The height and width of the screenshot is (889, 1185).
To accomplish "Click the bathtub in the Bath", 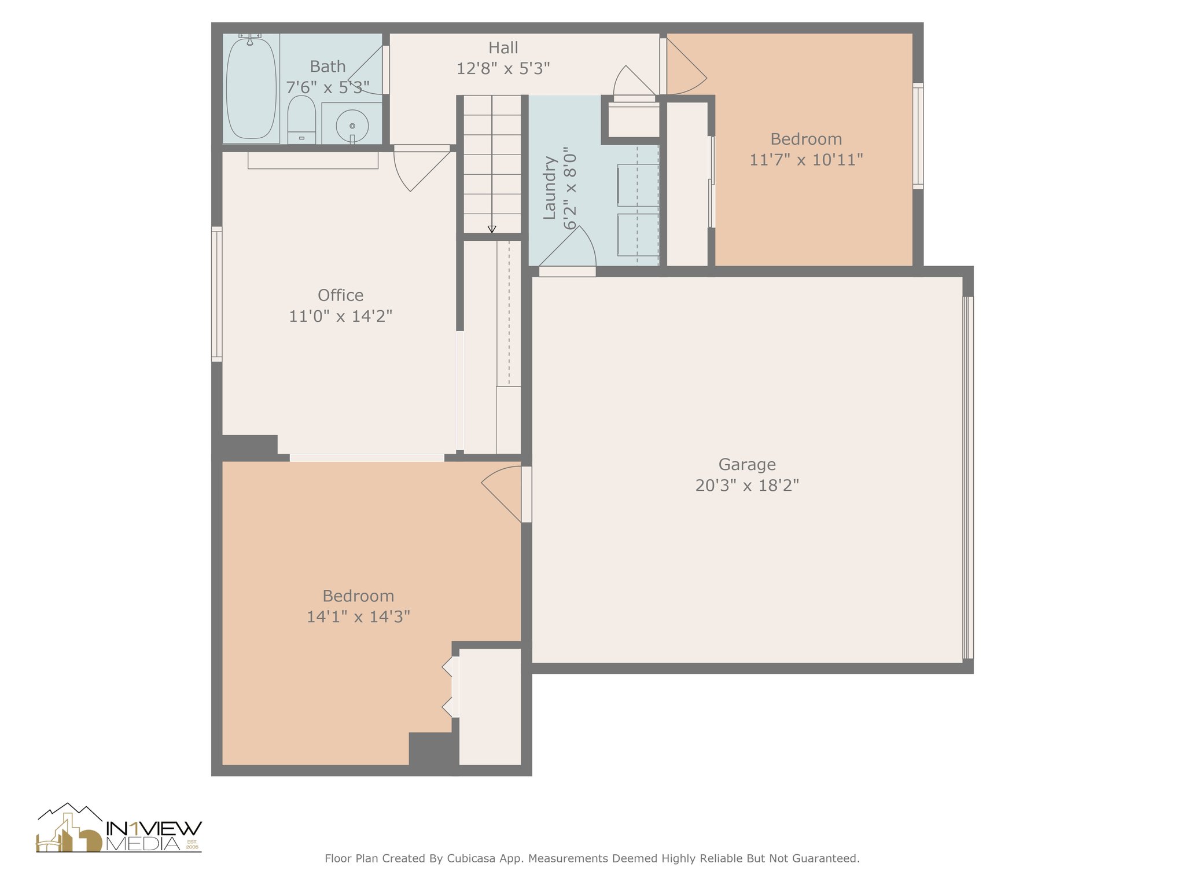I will [x=251, y=89].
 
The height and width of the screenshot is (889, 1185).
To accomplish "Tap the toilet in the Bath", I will [x=301, y=119].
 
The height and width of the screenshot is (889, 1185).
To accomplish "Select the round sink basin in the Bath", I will [x=352, y=125].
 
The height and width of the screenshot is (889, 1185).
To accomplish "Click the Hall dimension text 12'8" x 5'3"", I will [x=503, y=69].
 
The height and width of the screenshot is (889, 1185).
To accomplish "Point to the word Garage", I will [x=746, y=464].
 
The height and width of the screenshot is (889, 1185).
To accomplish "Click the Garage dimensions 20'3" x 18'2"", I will [x=746, y=485].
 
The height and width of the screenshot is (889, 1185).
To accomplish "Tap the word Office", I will [x=340, y=295].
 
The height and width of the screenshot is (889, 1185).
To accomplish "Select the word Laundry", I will [x=549, y=188].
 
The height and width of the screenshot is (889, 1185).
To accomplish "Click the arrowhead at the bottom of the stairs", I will [x=492, y=229].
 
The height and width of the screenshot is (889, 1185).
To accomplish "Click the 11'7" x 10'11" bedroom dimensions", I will [x=806, y=160].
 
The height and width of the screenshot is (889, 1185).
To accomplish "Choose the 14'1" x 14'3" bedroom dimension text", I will [x=358, y=617].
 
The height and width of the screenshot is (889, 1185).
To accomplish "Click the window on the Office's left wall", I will [x=216, y=294].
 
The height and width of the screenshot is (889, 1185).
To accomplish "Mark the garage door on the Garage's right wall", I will [x=967, y=477].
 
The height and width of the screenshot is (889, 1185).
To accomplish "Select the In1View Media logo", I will [x=119, y=829].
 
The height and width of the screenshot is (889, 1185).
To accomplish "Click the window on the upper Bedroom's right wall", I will [x=918, y=136].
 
